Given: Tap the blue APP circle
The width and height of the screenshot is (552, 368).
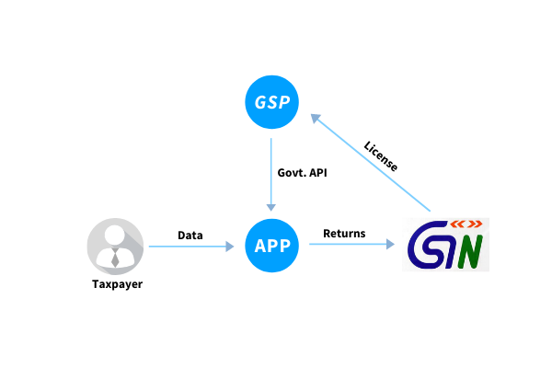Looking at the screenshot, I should (x=271, y=247).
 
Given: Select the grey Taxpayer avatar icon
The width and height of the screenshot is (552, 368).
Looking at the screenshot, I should (x=115, y=246).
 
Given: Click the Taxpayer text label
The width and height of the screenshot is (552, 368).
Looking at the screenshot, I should (x=117, y=283).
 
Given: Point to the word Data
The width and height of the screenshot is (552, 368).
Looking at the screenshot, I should (x=190, y=235).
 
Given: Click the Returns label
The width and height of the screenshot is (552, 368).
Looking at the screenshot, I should (x=343, y=234).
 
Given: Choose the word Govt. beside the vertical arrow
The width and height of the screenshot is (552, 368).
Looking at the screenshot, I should (x=292, y=172).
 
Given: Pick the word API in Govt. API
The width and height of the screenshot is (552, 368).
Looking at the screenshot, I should (x=317, y=172).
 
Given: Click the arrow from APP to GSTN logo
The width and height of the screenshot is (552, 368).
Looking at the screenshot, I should (x=351, y=246).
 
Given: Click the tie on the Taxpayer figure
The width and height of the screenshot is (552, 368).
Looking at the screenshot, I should (x=115, y=259).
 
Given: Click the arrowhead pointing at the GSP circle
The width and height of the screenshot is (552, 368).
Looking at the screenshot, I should (x=315, y=118).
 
